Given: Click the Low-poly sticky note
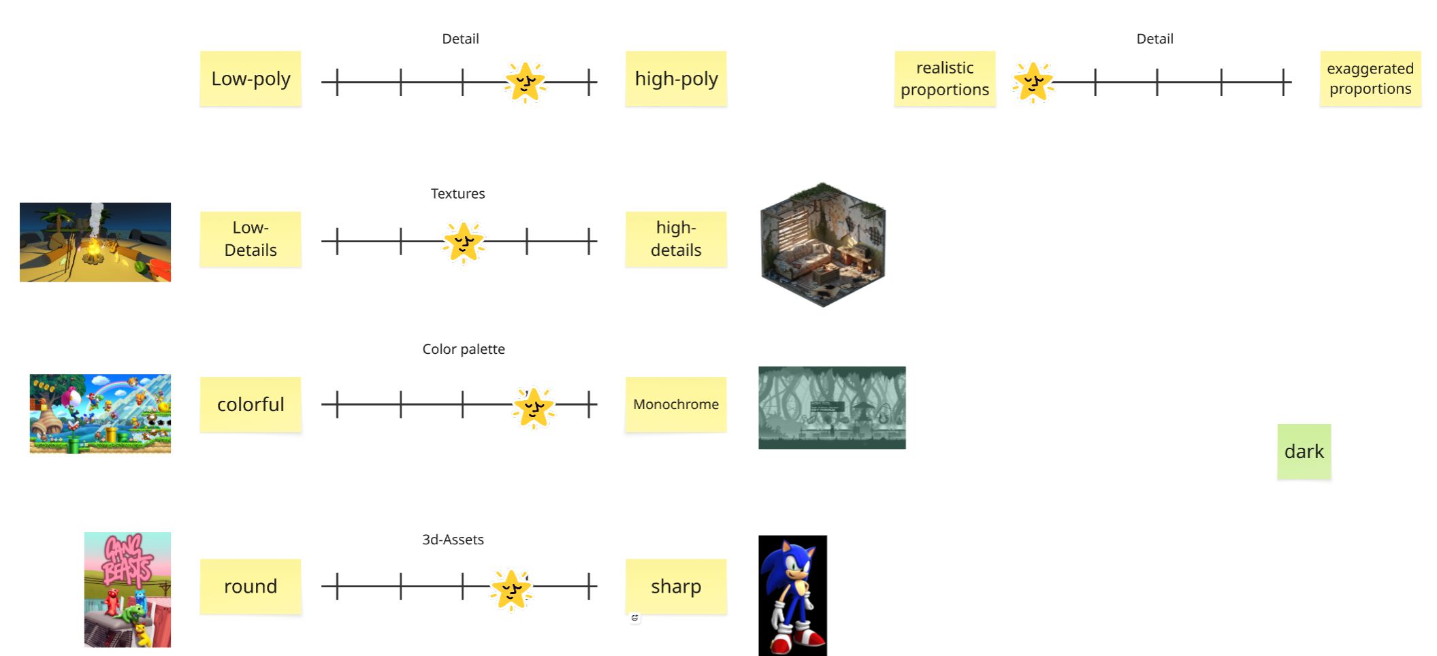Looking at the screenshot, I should point(251,79).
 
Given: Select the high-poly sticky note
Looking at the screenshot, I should point(676,79).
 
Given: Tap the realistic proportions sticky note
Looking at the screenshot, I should point(944,79).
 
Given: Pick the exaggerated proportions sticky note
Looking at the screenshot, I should point(1370,79).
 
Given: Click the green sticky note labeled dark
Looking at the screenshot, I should point(1304,451).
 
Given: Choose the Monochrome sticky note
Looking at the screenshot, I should point(676,404).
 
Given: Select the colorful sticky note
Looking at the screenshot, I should point(251,404).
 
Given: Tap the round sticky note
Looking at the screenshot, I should point(251,586).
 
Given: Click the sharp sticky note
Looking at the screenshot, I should point(676,586).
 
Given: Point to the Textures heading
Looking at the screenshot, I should point(457,194).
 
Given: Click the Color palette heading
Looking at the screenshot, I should point(464,349).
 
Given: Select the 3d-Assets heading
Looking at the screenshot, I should point(453,540).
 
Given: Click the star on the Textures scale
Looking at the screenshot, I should point(464,242).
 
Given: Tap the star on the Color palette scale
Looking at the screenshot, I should point(534,407).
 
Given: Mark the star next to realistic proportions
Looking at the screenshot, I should point(1033,82).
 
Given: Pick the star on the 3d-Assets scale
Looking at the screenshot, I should point(511,589).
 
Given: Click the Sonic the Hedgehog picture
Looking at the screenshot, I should point(792,595).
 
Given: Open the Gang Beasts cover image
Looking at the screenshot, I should point(127,589).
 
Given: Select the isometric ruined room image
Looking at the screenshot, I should point(822,245).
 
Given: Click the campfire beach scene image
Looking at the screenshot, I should point(95,242).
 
